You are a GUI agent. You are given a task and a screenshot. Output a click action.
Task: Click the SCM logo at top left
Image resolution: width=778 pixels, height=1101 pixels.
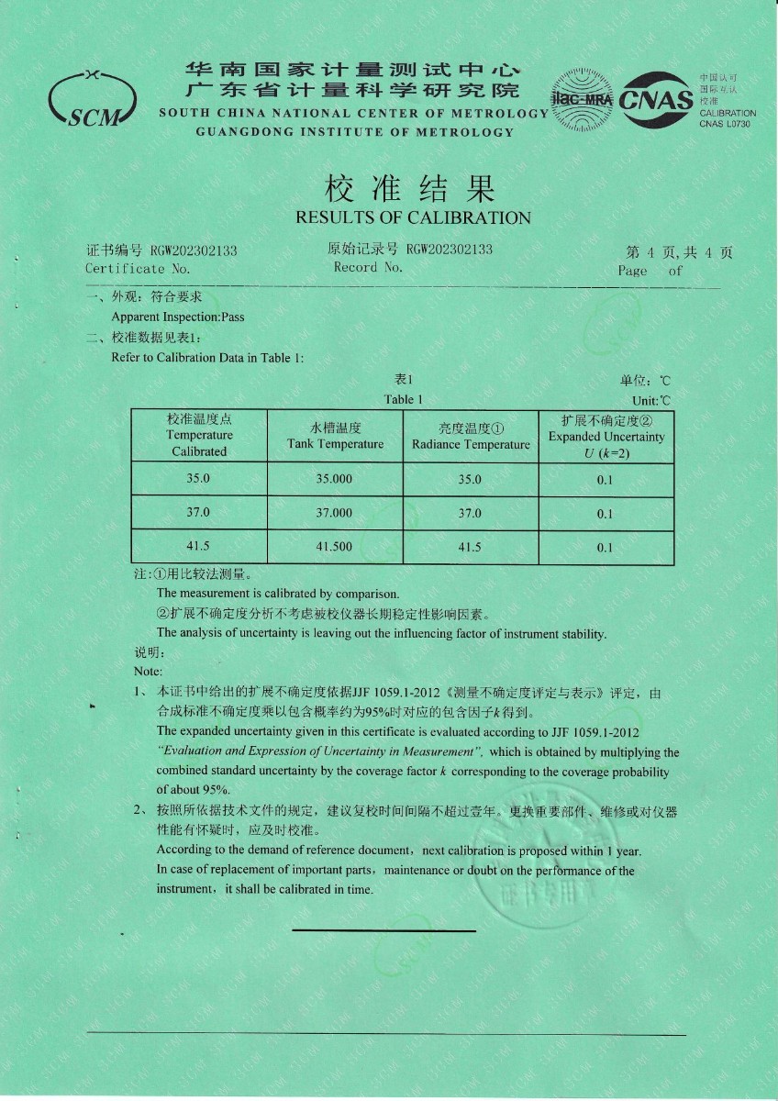click(x=92, y=97)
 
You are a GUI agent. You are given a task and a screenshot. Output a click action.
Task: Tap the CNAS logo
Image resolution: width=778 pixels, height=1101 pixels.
click(x=656, y=98)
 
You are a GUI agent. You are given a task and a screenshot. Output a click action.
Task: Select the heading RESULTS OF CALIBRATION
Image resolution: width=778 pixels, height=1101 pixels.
click(x=413, y=217)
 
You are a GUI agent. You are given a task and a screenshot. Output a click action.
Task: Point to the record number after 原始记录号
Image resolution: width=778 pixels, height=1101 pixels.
click(x=450, y=250)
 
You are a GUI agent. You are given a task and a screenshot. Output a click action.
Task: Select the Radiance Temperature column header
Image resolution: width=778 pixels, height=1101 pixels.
click(x=471, y=445)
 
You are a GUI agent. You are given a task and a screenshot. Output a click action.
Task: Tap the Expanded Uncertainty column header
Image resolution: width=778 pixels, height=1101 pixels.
click(x=606, y=437)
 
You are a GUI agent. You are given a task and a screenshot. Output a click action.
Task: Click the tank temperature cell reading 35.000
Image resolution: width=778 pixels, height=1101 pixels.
click(x=334, y=479)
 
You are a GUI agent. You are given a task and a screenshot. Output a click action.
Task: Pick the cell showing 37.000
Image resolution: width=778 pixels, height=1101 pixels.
click(x=334, y=513)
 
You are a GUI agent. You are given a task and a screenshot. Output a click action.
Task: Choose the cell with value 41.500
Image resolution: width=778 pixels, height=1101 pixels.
click(x=334, y=547)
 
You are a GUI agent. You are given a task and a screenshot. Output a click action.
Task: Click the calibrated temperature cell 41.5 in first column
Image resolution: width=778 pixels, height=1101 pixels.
click(x=198, y=547)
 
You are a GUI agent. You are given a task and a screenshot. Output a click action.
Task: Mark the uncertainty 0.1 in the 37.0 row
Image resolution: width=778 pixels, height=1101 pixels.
click(x=605, y=514)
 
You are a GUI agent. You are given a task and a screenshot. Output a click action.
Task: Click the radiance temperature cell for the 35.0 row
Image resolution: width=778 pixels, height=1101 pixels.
click(x=470, y=479)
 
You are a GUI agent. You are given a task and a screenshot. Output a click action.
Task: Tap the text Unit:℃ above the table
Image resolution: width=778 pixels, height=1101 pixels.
click(x=651, y=401)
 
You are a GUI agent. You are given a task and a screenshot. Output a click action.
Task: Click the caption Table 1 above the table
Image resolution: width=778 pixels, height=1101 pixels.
click(x=404, y=399)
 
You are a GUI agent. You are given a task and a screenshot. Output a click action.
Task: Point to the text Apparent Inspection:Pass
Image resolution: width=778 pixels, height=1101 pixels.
click(x=178, y=317)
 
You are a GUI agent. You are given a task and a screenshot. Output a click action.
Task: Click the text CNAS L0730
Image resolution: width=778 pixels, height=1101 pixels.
click(x=725, y=123)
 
